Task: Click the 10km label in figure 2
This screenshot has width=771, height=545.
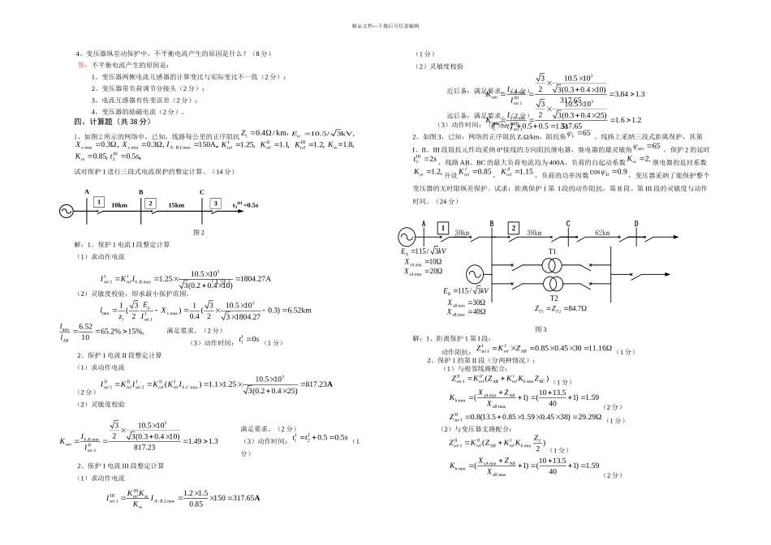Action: [119, 204]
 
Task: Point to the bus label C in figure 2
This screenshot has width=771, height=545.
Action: [201, 191]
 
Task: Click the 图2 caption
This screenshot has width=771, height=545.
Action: [197, 231]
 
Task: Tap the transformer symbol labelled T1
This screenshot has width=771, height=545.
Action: [552, 264]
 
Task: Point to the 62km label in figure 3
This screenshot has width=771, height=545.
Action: [601, 232]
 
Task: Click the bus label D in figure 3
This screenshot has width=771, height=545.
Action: [635, 224]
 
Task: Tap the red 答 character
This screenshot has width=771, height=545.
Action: [81, 64]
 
